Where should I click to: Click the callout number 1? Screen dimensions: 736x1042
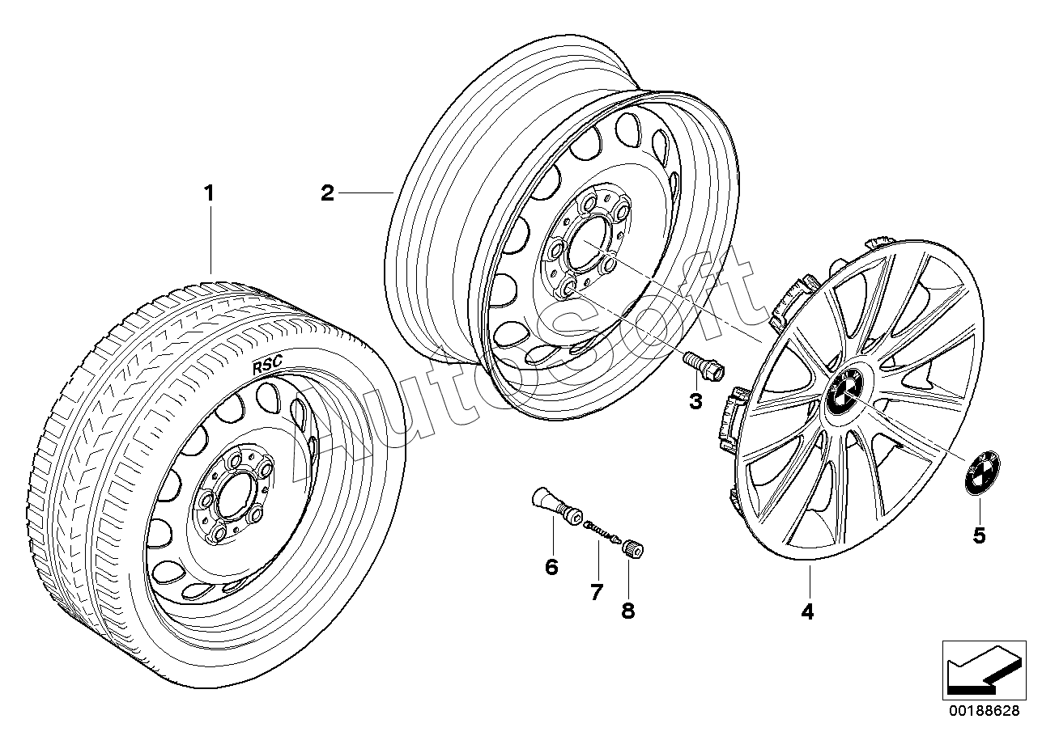pyautogui.click(x=209, y=194)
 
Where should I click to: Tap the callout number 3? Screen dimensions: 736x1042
pyautogui.click(x=695, y=400)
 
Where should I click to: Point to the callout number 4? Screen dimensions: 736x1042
pyautogui.click(x=806, y=612)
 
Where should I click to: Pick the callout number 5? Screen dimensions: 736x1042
pyautogui.click(x=979, y=535)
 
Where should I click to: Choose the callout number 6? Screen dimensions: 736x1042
pyautogui.click(x=551, y=567)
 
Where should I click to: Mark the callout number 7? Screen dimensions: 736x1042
pyautogui.click(x=597, y=592)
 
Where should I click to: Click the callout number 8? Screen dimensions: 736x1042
pyautogui.click(x=628, y=610)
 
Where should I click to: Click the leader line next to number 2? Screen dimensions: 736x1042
pyautogui.click(x=365, y=192)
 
